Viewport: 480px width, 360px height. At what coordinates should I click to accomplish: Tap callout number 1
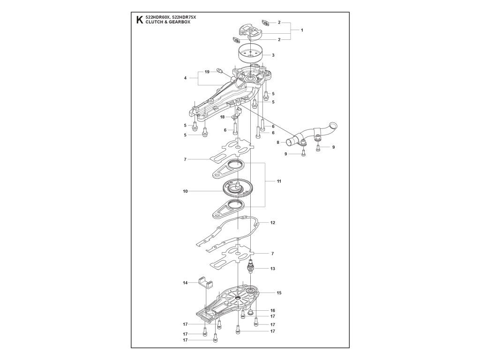click(x=302, y=30)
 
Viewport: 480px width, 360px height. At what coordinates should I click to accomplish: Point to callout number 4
click(x=186, y=78)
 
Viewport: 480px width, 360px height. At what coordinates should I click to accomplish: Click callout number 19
click(x=207, y=72)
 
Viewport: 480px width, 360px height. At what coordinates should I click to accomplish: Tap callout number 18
click(x=223, y=117)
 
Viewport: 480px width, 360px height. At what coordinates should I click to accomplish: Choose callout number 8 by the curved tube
click(x=277, y=142)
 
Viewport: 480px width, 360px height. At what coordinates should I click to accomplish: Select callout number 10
click(x=186, y=191)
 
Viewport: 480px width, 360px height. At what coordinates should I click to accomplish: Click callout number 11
click(x=279, y=180)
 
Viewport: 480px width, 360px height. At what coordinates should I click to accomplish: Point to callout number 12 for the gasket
click(x=273, y=223)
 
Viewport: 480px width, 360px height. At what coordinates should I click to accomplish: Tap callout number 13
click(x=273, y=269)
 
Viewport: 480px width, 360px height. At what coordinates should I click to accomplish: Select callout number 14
click(x=185, y=283)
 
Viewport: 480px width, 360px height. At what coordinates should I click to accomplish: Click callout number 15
click(x=279, y=293)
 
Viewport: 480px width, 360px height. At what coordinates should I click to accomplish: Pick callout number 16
click(x=273, y=310)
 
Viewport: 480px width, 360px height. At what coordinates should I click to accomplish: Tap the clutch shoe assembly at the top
click(x=251, y=31)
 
